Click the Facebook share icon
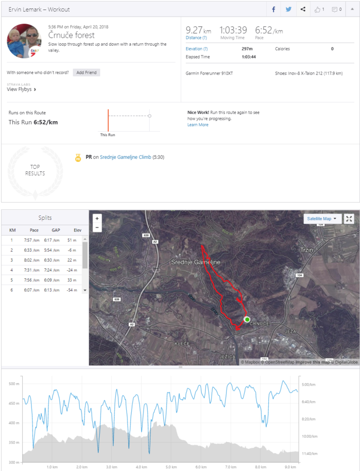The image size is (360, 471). pos(274,9)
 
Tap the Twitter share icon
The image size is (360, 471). pos(288,9)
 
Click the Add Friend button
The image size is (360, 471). pos(86,73)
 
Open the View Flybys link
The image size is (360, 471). pos(22,90)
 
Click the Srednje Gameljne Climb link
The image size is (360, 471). pos(125,157)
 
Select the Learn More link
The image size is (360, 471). pos(198,125)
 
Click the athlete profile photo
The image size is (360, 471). pos(24,41)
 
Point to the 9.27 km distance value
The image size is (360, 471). pos(195,30)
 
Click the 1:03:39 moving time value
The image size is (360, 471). pos(233,30)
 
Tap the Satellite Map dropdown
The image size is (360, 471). pos(322,219)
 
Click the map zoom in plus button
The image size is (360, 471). pos(97,218)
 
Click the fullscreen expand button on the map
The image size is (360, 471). pos(349,219)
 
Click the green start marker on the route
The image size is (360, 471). pos(247,319)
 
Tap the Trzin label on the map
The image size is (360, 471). pos(306,250)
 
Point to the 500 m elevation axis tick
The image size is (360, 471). pos(13,384)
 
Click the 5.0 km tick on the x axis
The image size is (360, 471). pos(171,467)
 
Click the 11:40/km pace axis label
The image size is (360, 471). pos(310,454)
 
